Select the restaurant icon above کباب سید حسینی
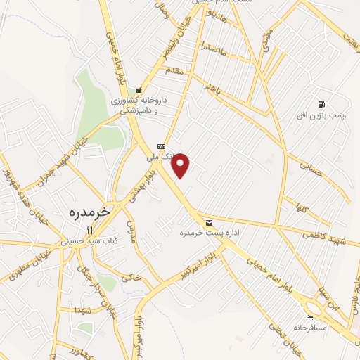89,229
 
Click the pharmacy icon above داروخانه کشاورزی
139,90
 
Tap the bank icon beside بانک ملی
161,146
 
